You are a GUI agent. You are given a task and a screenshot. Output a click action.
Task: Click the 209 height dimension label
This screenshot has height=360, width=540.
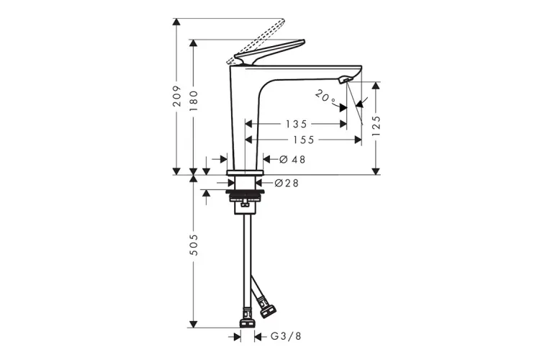(176, 96)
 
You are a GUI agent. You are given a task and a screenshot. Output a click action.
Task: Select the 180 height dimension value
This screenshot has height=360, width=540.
(194, 101)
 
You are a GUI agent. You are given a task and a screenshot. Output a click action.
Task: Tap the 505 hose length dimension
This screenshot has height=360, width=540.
(194, 245)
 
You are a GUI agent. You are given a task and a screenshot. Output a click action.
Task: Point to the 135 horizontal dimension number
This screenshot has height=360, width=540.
(296, 124)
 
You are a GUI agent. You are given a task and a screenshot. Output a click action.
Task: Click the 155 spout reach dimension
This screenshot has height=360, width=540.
(303, 140)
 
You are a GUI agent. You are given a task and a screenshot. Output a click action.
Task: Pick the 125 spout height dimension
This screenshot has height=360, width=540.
(377, 126)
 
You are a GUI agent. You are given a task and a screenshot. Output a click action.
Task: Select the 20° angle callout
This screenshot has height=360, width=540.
(325, 97)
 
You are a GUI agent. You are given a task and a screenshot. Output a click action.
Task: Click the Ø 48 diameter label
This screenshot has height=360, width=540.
(292, 159)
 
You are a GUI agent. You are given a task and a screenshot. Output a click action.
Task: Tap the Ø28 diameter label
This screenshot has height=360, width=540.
(287, 183)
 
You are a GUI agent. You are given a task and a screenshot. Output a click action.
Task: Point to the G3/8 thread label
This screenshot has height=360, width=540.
(286, 336)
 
